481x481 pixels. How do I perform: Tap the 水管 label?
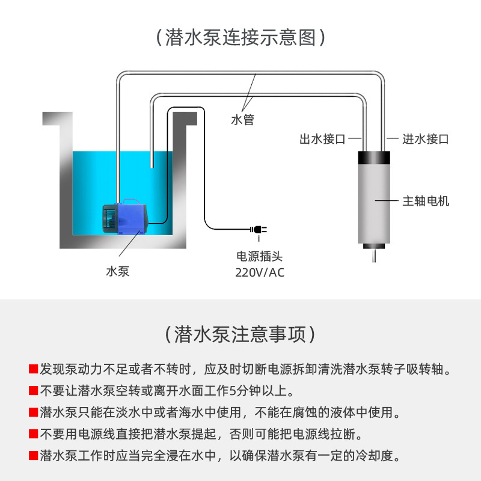[242, 120]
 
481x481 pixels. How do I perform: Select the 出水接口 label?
[323, 139]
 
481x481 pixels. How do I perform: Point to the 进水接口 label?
[426, 139]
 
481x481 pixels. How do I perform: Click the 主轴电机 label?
[426, 201]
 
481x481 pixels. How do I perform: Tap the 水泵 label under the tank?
[118, 271]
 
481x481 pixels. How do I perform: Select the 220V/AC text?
[259, 273]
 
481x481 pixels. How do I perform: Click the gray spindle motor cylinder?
[373, 204]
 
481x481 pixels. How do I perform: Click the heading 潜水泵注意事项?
[240, 334]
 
